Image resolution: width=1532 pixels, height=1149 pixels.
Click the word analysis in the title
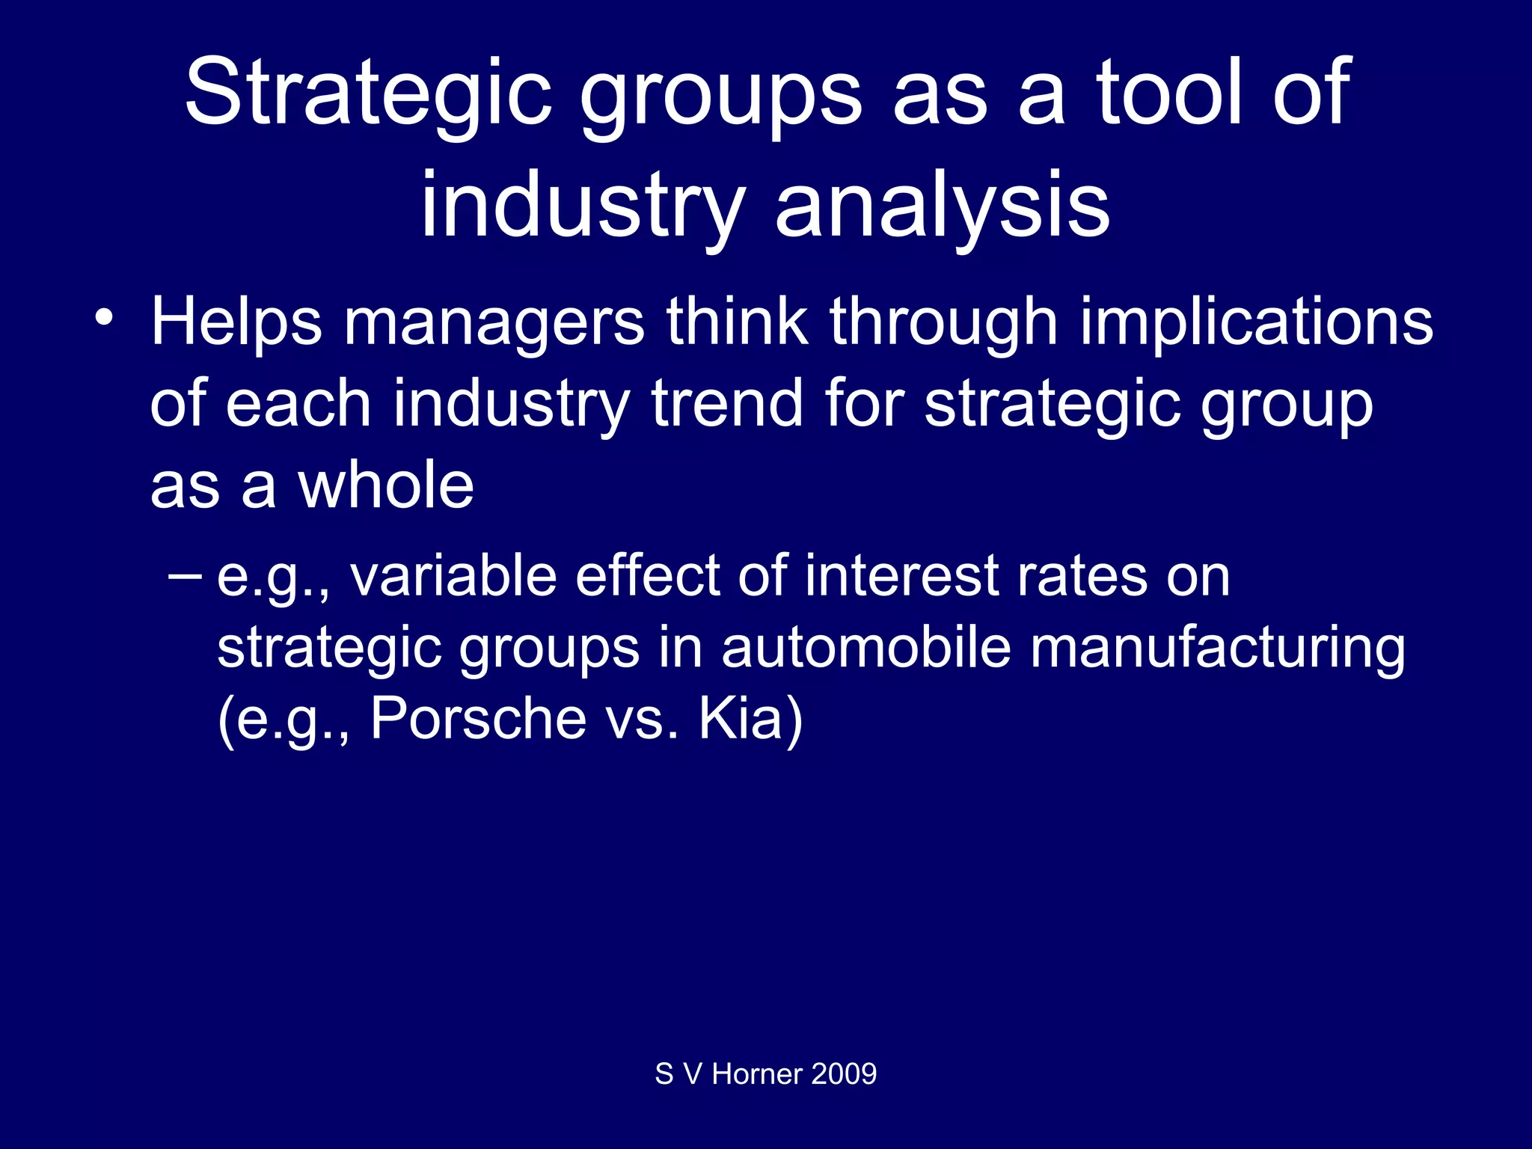point(943,205)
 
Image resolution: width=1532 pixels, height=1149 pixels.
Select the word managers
point(494,323)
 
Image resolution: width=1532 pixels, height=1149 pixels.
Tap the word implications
point(1257,323)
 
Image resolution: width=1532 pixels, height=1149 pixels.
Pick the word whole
point(386,485)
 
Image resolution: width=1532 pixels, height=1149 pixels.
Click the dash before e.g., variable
point(185,576)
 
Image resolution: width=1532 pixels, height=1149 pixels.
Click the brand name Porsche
point(478,719)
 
